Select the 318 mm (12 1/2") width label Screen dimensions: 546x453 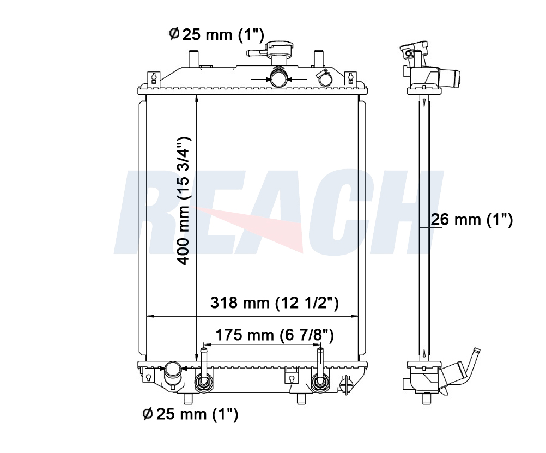pyautogui.click(x=275, y=303)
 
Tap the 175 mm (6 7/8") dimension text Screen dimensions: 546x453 pyautogui.click(x=275, y=335)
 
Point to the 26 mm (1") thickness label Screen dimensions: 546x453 pyautogui.click(x=472, y=220)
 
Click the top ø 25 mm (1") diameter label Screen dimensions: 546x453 pyautogui.click(x=216, y=34)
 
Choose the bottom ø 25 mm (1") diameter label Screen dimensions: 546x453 pyautogui.click(x=191, y=414)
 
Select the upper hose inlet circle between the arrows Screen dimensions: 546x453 pyautogui.click(x=279, y=77)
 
